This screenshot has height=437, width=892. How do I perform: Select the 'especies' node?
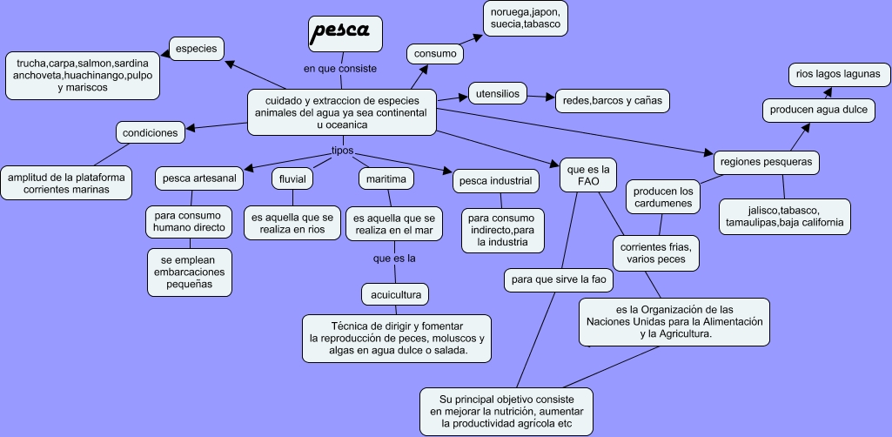pos(196,49)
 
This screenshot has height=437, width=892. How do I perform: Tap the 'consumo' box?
pos(435,54)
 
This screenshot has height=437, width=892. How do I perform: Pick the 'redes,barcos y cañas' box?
pos(613,101)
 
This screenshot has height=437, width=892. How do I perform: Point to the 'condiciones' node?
pos(151,133)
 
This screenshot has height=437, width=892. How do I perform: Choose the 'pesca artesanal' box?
pos(199,178)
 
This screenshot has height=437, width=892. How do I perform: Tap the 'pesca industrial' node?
pos(495,181)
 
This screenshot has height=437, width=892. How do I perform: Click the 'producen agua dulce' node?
pos(817,111)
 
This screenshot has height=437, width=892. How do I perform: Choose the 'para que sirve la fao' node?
pos(560,281)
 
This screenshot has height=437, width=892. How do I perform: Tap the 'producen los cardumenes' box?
pos(663,198)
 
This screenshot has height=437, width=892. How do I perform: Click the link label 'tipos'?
pos(342,151)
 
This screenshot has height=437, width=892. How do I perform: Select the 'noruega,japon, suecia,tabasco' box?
pos(525,18)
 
